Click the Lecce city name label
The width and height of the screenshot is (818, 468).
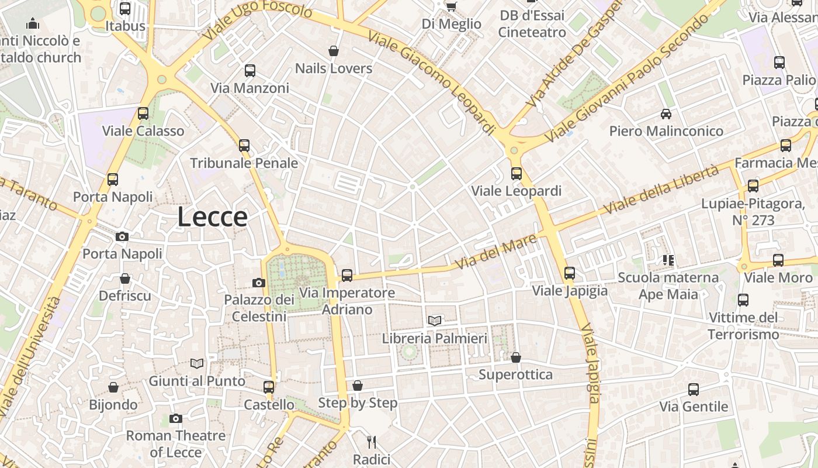[x=212, y=217]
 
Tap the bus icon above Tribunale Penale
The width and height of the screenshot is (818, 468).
[x=244, y=146]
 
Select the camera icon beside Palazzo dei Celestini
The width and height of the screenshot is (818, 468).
[x=259, y=283]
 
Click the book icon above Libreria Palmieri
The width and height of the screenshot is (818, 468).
[x=434, y=321]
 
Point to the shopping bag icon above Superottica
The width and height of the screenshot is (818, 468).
[x=516, y=357]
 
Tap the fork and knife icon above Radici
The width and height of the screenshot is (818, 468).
[x=371, y=442]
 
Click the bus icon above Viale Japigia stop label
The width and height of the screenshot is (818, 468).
[x=570, y=273]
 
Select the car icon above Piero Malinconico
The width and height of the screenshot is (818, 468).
[x=666, y=113]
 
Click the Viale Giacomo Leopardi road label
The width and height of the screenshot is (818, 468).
[x=432, y=82]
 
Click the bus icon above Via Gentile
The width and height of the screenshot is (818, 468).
[x=694, y=390]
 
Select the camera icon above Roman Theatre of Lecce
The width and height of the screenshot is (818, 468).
[x=175, y=418]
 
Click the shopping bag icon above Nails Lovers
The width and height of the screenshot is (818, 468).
[x=334, y=51]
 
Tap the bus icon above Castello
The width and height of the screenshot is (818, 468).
[x=269, y=387]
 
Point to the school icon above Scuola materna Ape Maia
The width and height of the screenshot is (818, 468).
[x=668, y=260]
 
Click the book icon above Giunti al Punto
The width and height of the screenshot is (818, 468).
[x=197, y=364]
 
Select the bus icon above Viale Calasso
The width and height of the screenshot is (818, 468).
[x=143, y=113]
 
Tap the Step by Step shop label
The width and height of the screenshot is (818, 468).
[x=358, y=403]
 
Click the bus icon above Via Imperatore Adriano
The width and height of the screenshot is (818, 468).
[x=347, y=275]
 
